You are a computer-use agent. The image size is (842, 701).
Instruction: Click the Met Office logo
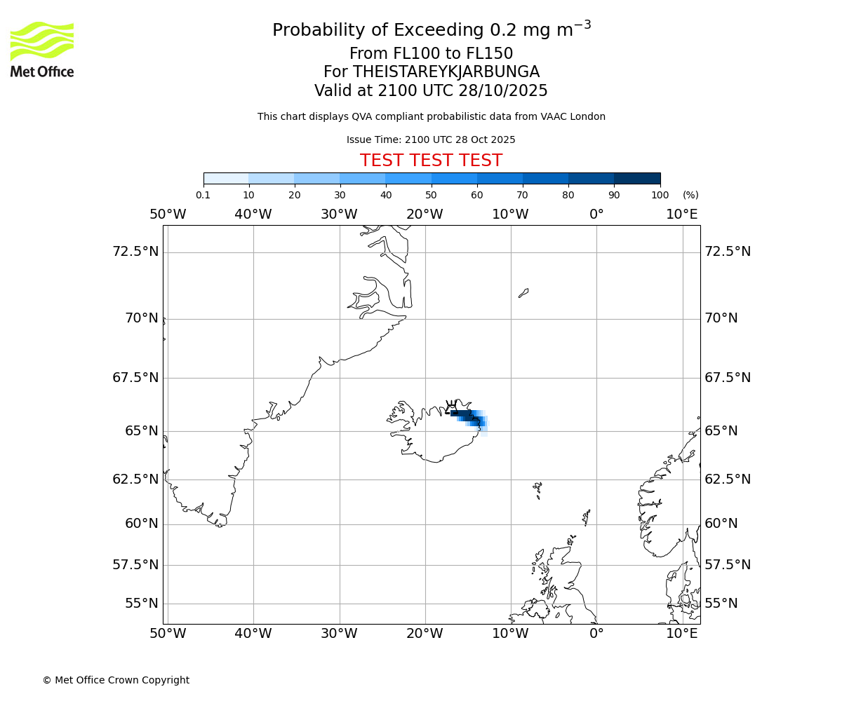(x=42, y=49)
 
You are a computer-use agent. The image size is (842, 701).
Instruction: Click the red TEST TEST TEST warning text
(x=431, y=161)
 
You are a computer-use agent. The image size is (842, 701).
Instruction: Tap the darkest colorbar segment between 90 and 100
(x=637, y=179)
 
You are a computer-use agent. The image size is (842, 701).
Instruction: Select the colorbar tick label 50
(x=431, y=195)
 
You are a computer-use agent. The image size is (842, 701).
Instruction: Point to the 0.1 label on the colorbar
(x=203, y=195)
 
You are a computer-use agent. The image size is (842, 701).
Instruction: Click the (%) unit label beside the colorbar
(x=690, y=195)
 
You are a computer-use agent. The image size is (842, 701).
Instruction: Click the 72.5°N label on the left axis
(x=135, y=252)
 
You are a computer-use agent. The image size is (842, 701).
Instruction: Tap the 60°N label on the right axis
(x=721, y=524)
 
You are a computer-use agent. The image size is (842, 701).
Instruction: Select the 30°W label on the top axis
(x=339, y=215)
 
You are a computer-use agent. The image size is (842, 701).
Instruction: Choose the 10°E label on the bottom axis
(x=682, y=634)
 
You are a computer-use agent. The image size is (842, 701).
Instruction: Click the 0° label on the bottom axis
(x=596, y=634)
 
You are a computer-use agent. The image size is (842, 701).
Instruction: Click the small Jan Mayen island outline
(x=523, y=293)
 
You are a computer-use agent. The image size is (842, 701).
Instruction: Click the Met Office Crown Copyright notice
(x=116, y=680)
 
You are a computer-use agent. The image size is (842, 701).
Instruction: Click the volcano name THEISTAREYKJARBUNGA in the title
(x=446, y=72)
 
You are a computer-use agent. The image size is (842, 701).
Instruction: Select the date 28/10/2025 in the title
(x=503, y=91)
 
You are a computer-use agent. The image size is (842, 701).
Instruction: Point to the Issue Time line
(x=431, y=140)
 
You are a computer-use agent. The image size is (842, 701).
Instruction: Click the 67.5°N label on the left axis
(x=135, y=378)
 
